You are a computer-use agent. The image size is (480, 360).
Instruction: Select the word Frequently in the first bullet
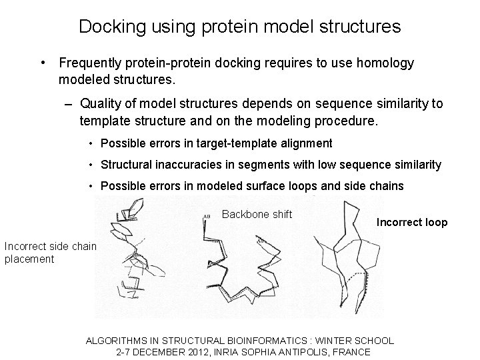pyautogui.click(x=89, y=63)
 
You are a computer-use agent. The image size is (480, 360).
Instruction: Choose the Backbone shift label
pyautogui.click(x=257, y=214)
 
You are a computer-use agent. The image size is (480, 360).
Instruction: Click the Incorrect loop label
pyautogui.click(x=412, y=223)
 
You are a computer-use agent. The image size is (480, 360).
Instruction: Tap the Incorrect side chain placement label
pyautogui.click(x=50, y=253)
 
